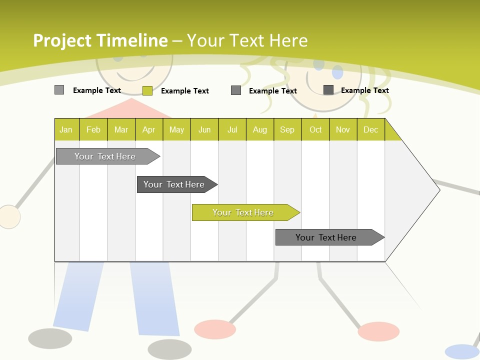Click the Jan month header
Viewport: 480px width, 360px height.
tap(66, 129)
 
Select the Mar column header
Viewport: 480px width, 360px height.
tap(121, 129)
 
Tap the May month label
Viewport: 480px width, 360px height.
tap(176, 129)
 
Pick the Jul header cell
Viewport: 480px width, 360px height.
tap(232, 129)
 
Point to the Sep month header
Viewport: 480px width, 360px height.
tap(287, 129)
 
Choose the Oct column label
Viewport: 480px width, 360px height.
tap(315, 129)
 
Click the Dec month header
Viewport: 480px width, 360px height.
tap(370, 129)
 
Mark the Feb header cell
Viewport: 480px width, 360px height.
tap(93, 129)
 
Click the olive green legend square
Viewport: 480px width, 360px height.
tap(147, 90)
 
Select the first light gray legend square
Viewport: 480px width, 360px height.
tap(59, 90)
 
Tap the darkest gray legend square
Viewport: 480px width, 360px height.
tap(328, 90)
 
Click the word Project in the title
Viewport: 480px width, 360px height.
tap(62, 40)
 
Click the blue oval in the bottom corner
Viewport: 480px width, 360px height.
tap(462, 351)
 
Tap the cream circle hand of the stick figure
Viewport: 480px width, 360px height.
tap(8, 217)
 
